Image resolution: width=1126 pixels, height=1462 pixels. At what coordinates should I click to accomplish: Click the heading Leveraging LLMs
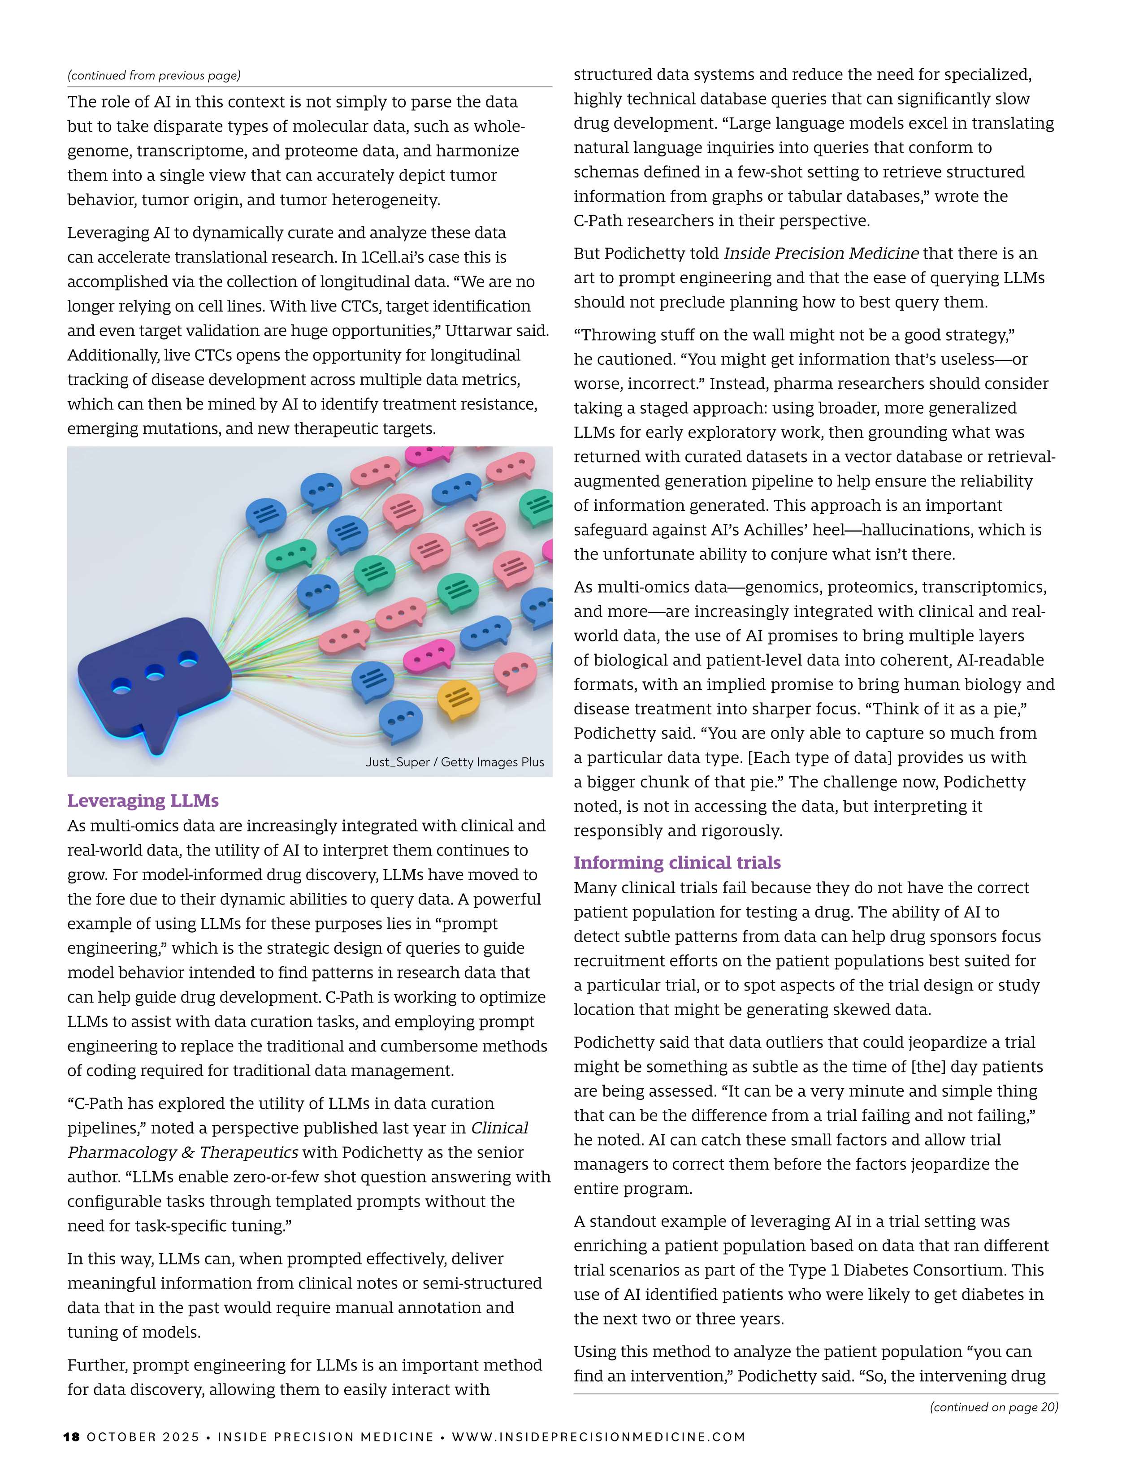pyautogui.click(x=143, y=800)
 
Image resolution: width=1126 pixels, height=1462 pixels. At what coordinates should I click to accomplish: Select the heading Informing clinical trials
pyautogui.click(x=677, y=862)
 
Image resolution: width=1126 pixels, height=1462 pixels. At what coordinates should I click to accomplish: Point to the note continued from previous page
pyautogui.click(x=154, y=75)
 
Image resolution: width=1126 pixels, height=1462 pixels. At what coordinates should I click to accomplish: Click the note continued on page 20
pyautogui.click(x=993, y=1407)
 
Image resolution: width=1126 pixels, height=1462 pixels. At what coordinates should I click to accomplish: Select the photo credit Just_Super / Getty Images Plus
pyautogui.click(x=455, y=762)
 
